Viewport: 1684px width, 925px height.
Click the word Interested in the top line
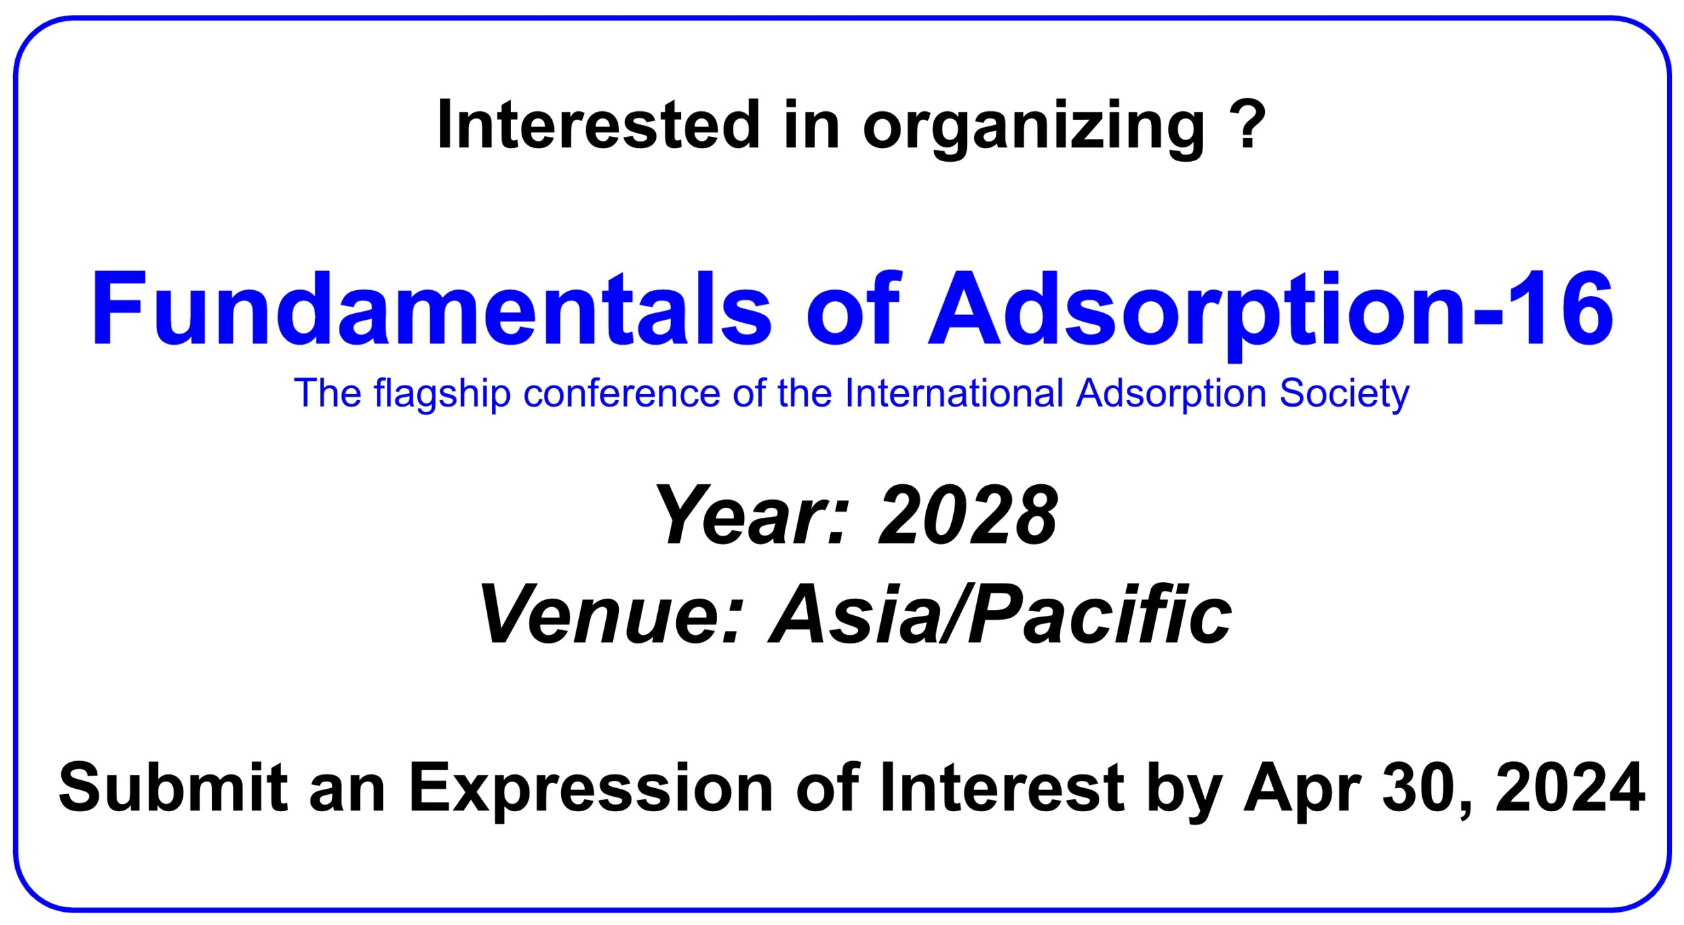tap(599, 124)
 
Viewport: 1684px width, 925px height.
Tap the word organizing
tap(1034, 129)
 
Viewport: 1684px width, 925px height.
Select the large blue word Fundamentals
tap(431, 308)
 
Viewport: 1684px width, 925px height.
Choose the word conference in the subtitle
tap(622, 393)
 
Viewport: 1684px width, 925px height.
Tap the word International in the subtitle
tap(954, 393)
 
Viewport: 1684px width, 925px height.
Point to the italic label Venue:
tap(612, 615)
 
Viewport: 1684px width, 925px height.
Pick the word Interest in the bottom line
tap(1002, 787)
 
